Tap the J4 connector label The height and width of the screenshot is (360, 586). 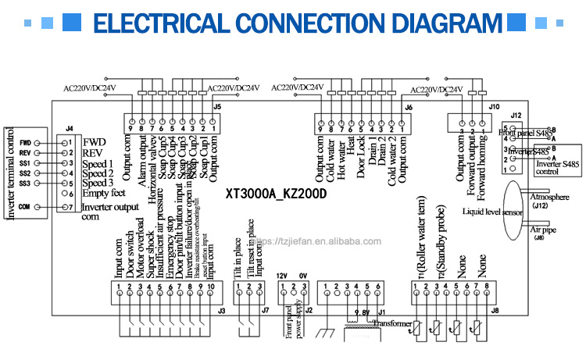pyautogui.click(x=70, y=128)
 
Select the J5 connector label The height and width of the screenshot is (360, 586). pyautogui.click(x=216, y=106)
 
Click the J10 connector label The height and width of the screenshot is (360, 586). pyautogui.click(x=493, y=106)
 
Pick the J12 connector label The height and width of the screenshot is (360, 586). pyautogui.click(x=516, y=114)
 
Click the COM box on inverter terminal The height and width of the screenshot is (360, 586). pyautogui.click(x=25, y=207)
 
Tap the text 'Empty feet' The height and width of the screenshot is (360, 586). pyautogui.click(x=105, y=194)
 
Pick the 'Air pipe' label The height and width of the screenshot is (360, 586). pyautogui.click(x=547, y=231)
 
